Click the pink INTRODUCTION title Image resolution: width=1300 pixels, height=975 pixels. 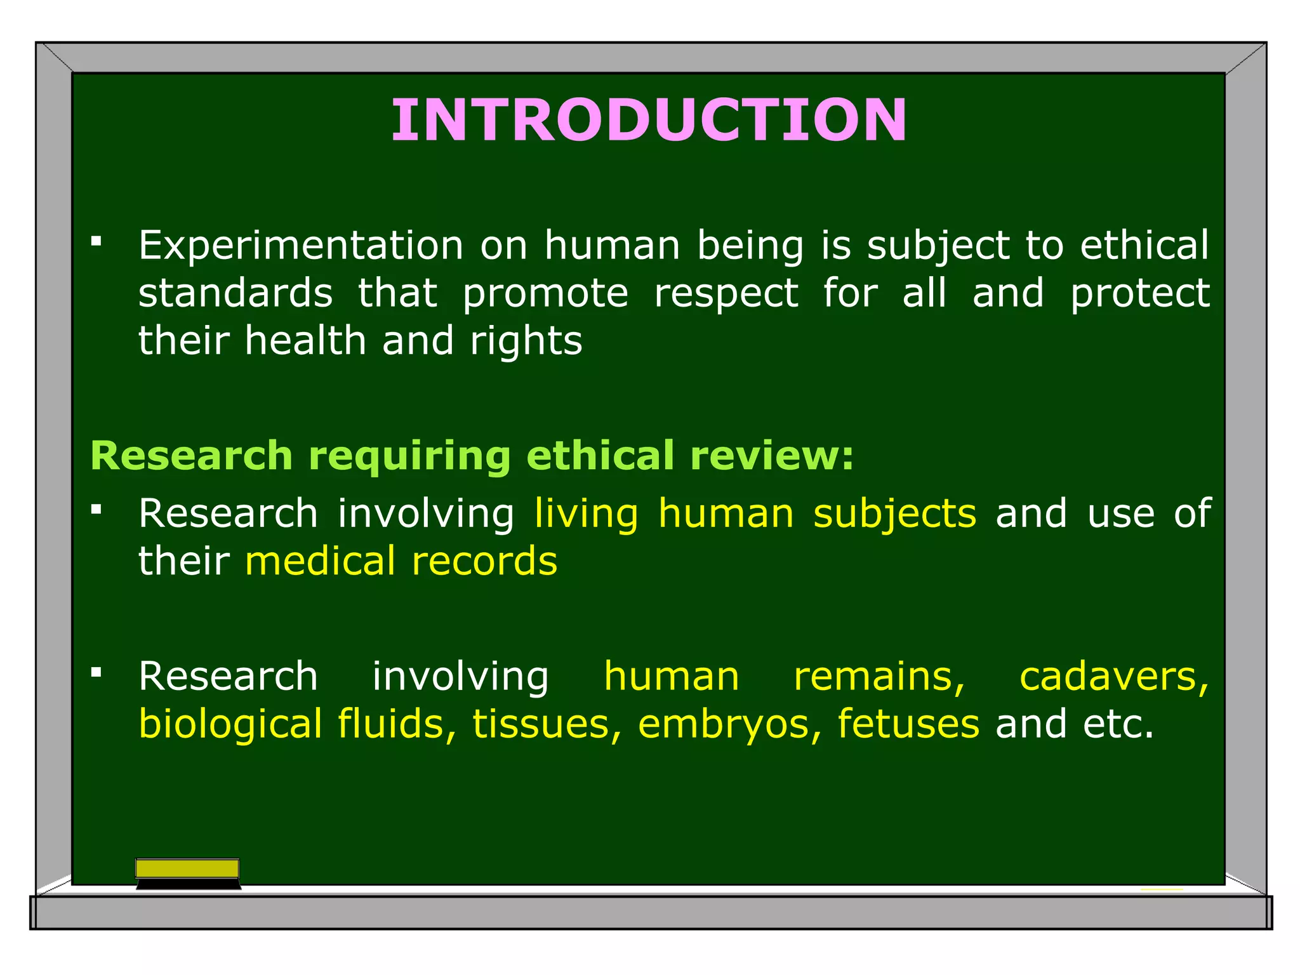649,120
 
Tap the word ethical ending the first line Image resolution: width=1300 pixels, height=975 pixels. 1144,246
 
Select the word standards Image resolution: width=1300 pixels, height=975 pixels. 235,293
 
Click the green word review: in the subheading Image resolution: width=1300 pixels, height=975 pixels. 772,456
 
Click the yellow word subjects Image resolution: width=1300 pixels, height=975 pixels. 894,514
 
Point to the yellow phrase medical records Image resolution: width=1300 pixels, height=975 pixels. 401,562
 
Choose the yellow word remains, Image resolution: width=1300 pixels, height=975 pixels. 880,677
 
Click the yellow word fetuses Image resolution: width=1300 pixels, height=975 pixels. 908,724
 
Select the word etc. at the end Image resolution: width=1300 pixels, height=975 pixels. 1118,724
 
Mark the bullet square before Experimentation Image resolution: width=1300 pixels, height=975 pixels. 96,241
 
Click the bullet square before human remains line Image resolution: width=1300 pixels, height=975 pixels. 96,672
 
